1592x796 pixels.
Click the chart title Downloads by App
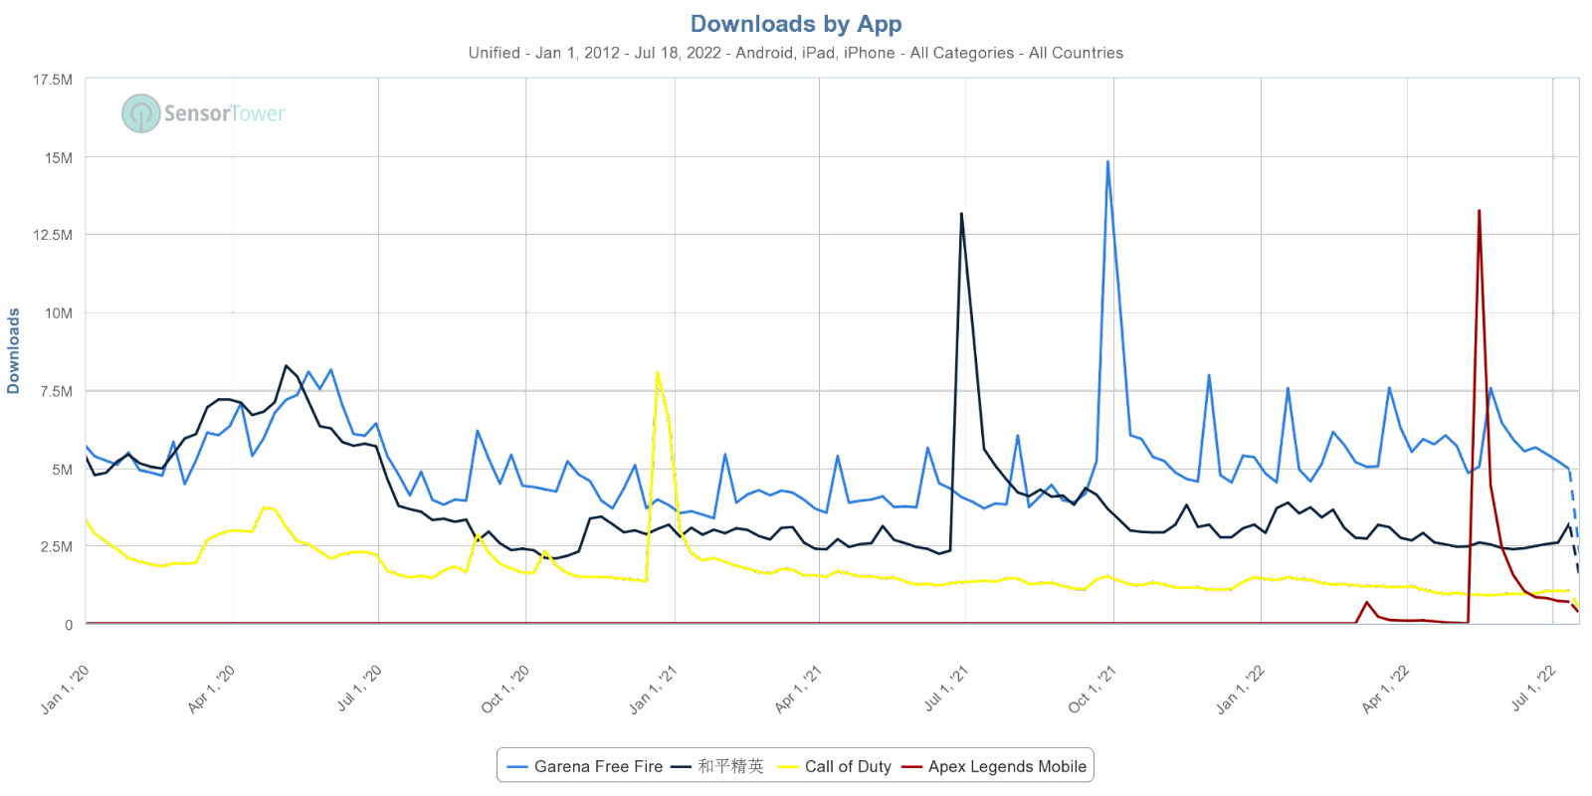(796, 24)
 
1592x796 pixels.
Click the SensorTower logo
(203, 113)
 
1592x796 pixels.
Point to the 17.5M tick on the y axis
(52, 81)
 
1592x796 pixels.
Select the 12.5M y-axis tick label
(52, 236)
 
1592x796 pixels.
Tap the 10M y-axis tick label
(58, 313)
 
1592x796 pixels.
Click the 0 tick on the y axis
(69, 625)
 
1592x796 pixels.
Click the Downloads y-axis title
(14, 351)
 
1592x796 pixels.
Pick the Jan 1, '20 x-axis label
(66, 689)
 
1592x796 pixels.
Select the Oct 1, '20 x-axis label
(505, 689)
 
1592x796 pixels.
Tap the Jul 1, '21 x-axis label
(946, 689)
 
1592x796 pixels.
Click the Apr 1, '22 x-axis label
(1386, 689)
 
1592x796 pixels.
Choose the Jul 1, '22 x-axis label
(1533, 689)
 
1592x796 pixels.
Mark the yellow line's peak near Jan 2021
(658, 372)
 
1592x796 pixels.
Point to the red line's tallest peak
(1480, 211)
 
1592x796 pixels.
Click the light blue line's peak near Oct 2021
(1107, 161)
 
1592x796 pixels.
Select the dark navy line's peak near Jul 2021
(961, 213)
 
